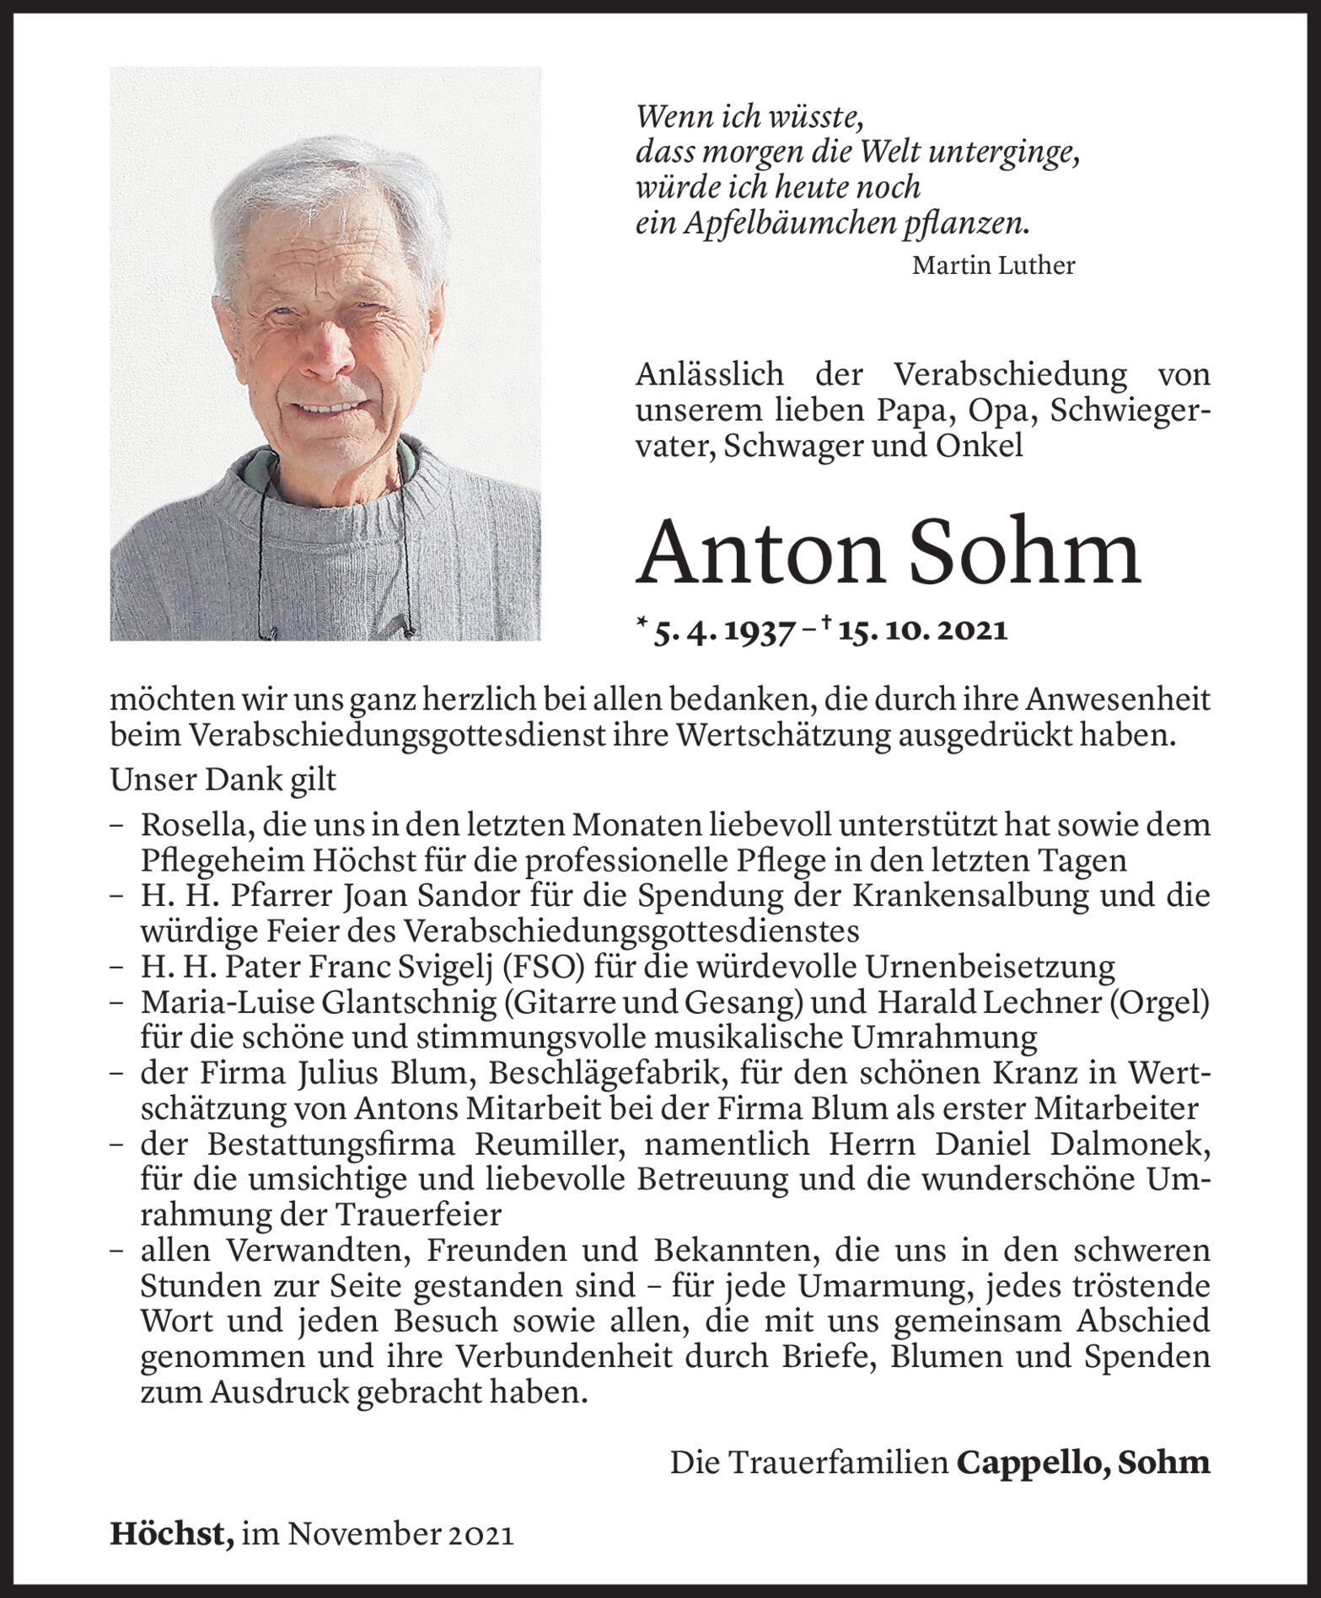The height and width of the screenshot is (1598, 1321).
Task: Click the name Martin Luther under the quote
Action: [x=993, y=266]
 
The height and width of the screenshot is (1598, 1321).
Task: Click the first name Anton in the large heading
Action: [x=752, y=553]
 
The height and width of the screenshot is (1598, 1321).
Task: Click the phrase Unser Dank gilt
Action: [x=223, y=780]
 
